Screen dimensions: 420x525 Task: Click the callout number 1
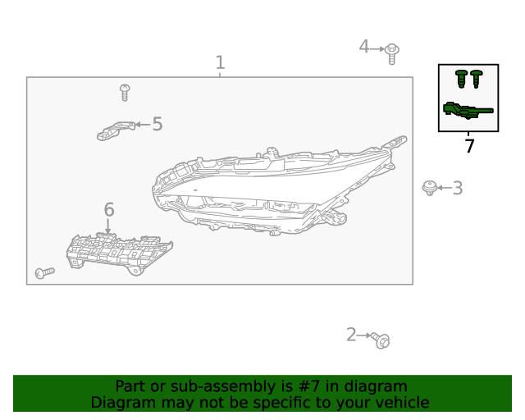220,62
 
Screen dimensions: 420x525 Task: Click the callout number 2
351,335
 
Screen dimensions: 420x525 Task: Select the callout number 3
458,188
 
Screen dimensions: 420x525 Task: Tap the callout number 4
363,47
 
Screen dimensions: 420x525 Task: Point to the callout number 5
157,124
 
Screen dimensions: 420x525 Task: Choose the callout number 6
108,210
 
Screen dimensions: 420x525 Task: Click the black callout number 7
469,147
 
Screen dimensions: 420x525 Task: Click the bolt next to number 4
392,52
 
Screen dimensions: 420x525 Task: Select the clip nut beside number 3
428,188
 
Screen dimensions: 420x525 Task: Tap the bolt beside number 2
380,339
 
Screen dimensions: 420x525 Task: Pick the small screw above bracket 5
125,91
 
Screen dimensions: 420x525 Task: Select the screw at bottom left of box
43,272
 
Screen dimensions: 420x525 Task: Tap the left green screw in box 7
461,80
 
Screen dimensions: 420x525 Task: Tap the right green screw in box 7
477,78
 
